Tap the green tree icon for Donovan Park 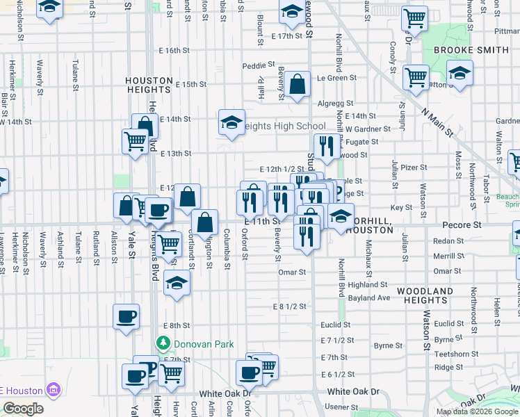[163, 343]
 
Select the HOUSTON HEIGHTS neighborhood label [149, 85]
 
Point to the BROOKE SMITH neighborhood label [471, 50]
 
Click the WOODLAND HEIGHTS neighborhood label [425, 295]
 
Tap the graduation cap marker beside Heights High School [231, 123]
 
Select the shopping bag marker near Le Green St [297, 85]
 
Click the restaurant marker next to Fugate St [325, 147]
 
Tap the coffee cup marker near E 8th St [126, 317]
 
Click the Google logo [23, 408]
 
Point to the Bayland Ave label [370, 297]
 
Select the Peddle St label [254, 66]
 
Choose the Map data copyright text [478, 411]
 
